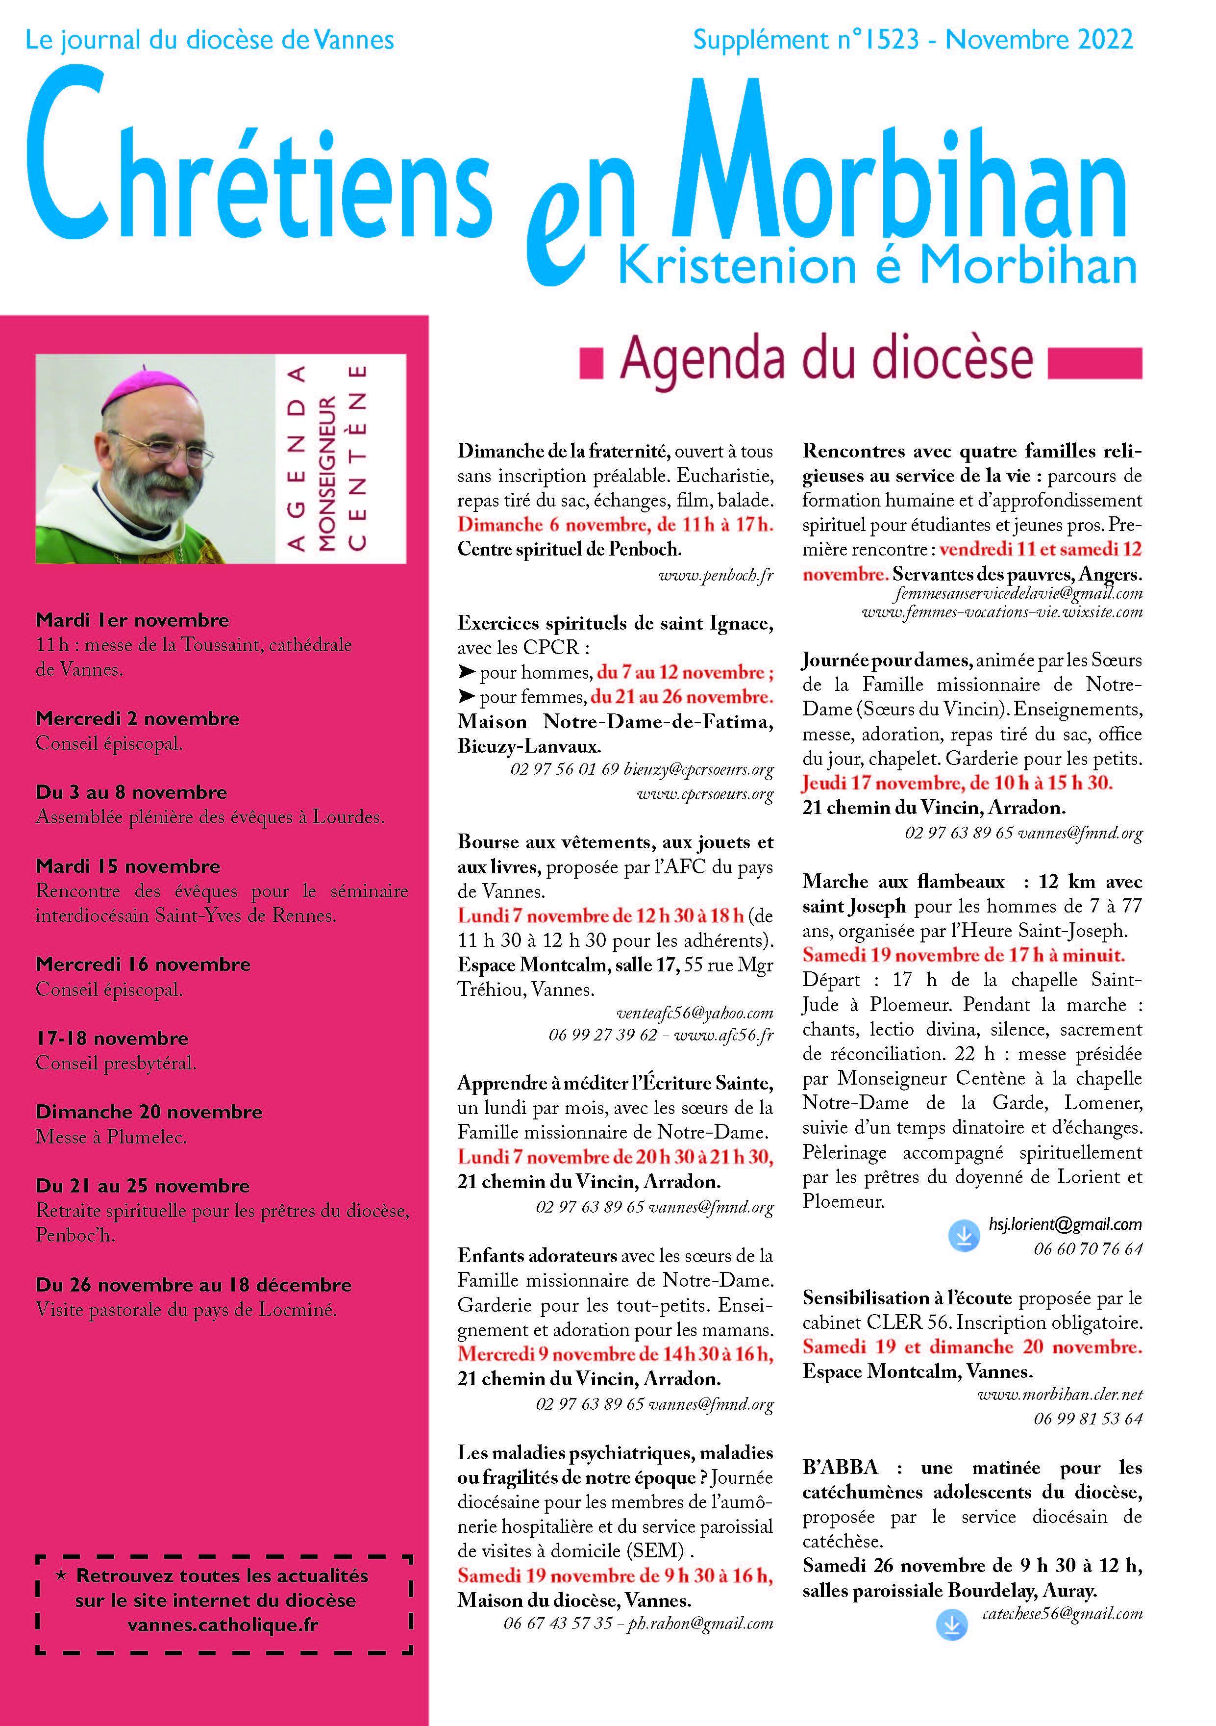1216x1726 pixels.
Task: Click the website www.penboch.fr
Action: tap(716, 576)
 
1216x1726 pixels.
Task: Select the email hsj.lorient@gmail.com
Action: tap(1065, 1224)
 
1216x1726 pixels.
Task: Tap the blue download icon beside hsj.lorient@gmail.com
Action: tap(964, 1235)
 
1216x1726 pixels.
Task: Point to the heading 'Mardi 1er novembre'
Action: tap(132, 620)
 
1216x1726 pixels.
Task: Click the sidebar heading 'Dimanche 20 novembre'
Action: tap(149, 1112)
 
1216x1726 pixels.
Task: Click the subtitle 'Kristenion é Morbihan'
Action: tap(876, 266)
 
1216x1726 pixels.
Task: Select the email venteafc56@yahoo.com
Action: tap(695, 1013)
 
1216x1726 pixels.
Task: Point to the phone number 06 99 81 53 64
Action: tap(1088, 1419)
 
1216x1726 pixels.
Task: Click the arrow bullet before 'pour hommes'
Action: tap(467, 671)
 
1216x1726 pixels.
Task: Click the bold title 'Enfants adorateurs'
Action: tap(537, 1255)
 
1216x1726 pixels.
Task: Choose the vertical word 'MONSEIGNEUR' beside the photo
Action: tap(327, 474)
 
